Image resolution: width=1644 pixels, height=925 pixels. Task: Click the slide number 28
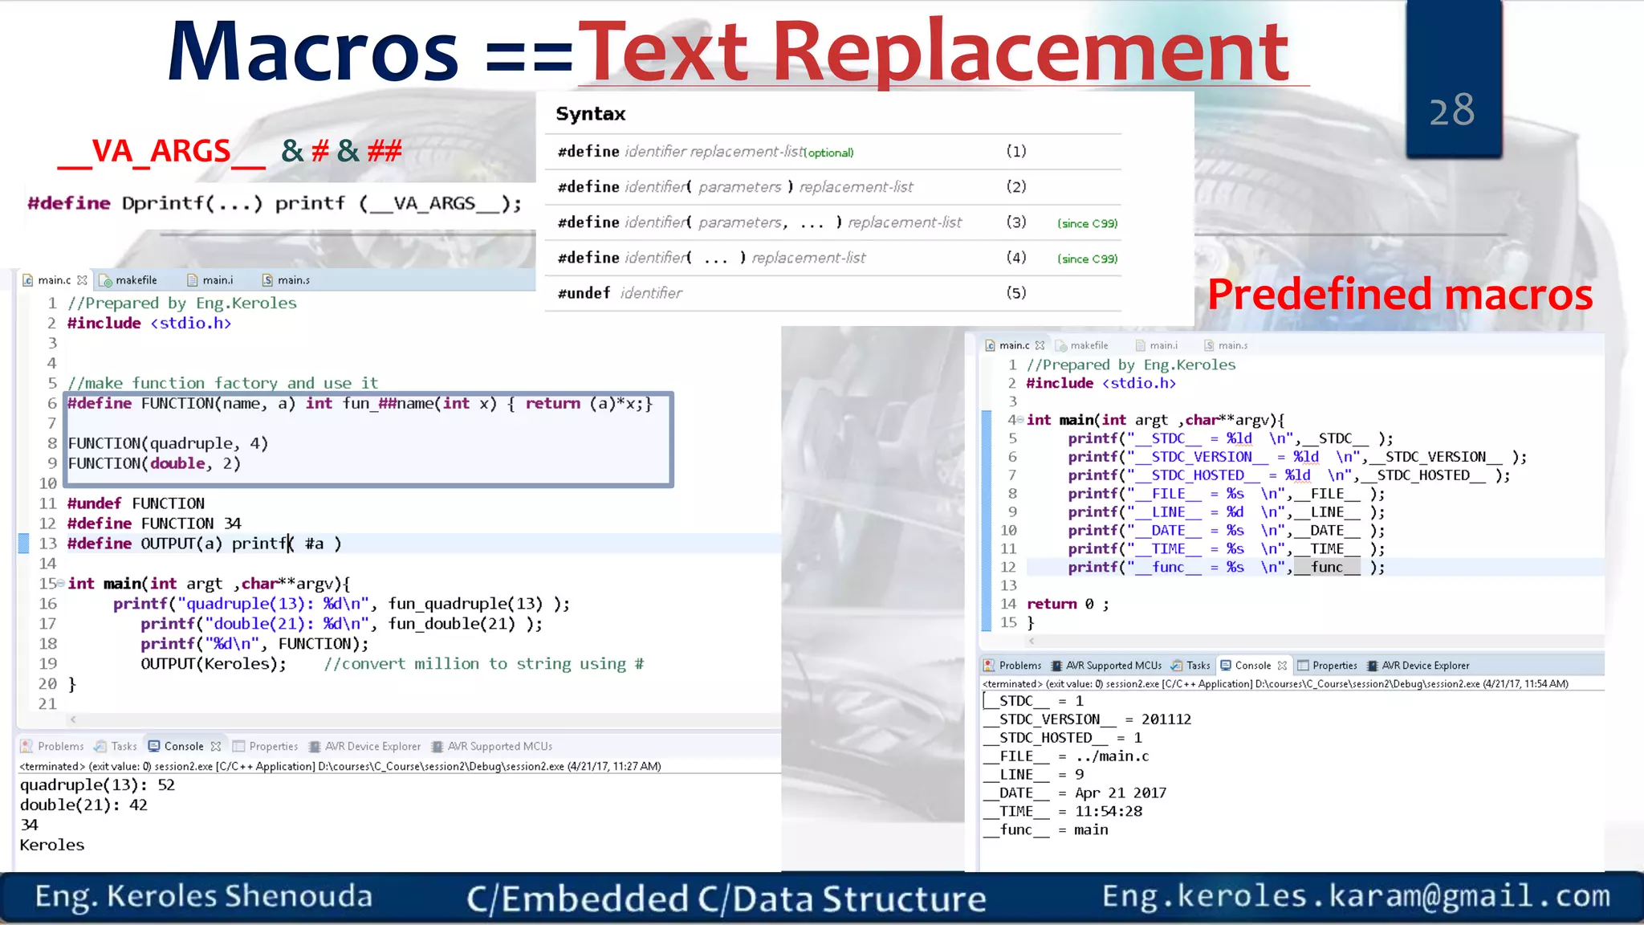tap(1451, 111)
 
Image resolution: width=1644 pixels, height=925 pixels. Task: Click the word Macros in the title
tap(312, 53)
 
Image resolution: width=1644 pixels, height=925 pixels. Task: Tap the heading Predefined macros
tap(1400, 295)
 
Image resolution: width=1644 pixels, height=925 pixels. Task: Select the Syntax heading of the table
tap(590, 114)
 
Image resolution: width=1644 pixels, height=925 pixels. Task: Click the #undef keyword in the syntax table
tap(584, 293)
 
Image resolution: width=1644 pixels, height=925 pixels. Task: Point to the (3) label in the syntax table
tap(1016, 222)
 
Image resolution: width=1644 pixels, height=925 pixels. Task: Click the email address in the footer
tap(1356, 896)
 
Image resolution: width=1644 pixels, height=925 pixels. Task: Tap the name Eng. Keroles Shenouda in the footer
tap(204, 897)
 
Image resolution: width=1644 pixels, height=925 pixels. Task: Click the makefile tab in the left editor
tap(136, 280)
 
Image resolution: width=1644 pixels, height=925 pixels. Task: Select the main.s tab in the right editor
tap(1232, 345)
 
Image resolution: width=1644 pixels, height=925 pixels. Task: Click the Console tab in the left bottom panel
tap(184, 746)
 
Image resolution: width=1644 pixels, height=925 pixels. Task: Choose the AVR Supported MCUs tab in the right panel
tap(1113, 666)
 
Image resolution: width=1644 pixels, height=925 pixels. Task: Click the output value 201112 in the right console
tap(1166, 719)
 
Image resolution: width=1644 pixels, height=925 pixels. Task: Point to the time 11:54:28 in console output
tap(1109, 811)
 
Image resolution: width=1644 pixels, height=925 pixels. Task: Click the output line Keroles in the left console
tap(52, 845)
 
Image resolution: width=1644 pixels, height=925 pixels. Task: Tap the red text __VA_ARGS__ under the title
tap(161, 152)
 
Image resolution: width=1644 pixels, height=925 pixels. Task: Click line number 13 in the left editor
tap(48, 544)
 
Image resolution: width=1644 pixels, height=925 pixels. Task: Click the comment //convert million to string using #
tap(483, 664)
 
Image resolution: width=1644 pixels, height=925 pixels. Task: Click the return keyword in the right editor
tap(1052, 604)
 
